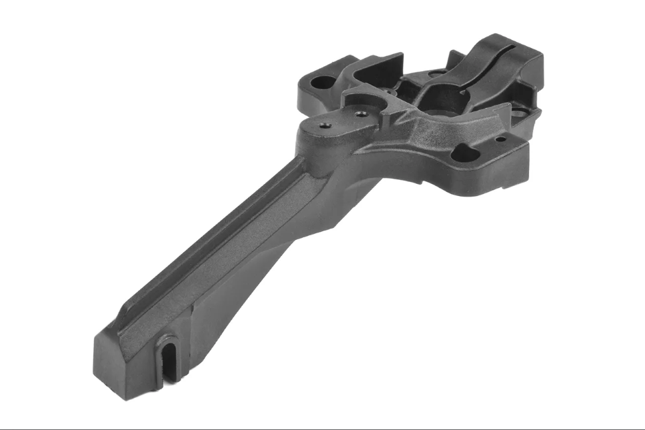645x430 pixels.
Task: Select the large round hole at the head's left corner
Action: coord(324,83)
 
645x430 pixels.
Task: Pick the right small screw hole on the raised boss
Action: coord(362,114)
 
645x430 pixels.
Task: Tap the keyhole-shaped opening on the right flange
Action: coord(466,154)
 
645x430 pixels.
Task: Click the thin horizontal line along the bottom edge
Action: coord(322,427)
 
